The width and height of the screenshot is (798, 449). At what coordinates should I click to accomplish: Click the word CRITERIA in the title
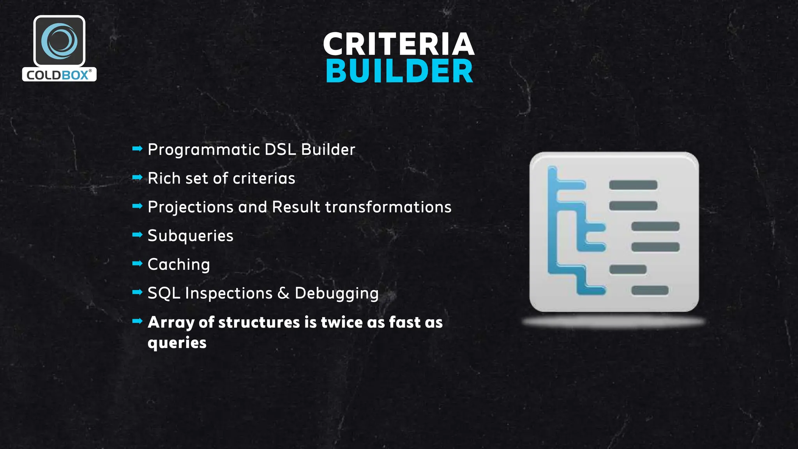pyautogui.click(x=399, y=44)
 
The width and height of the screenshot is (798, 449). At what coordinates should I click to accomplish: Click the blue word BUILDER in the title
pyautogui.click(x=399, y=71)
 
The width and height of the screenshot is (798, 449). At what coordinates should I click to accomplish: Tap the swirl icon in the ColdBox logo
pyautogui.click(x=59, y=41)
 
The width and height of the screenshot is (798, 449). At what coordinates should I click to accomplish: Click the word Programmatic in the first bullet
pyautogui.click(x=203, y=150)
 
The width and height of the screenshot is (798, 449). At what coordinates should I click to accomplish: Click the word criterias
pyautogui.click(x=264, y=179)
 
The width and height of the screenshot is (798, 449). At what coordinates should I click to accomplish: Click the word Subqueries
pyautogui.click(x=190, y=236)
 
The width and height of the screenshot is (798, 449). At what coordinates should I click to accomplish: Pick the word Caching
pyautogui.click(x=179, y=265)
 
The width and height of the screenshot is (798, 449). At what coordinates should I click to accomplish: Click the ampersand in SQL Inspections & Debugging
pyautogui.click(x=283, y=293)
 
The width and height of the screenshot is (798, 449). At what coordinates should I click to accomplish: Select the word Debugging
pyautogui.click(x=336, y=293)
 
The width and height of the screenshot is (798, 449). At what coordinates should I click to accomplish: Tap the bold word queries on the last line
pyautogui.click(x=177, y=343)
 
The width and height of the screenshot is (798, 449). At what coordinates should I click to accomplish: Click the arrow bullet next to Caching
pyautogui.click(x=137, y=263)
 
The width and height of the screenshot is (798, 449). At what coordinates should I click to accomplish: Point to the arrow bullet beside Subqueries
pyautogui.click(x=137, y=235)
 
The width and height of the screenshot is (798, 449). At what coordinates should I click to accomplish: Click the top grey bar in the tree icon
pyautogui.click(x=633, y=185)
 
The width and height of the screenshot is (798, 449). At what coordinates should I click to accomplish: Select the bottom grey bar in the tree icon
pyautogui.click(x=650, y=290)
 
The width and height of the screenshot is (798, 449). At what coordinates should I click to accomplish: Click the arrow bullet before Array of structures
pyautogui.click(x=137, y=321)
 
